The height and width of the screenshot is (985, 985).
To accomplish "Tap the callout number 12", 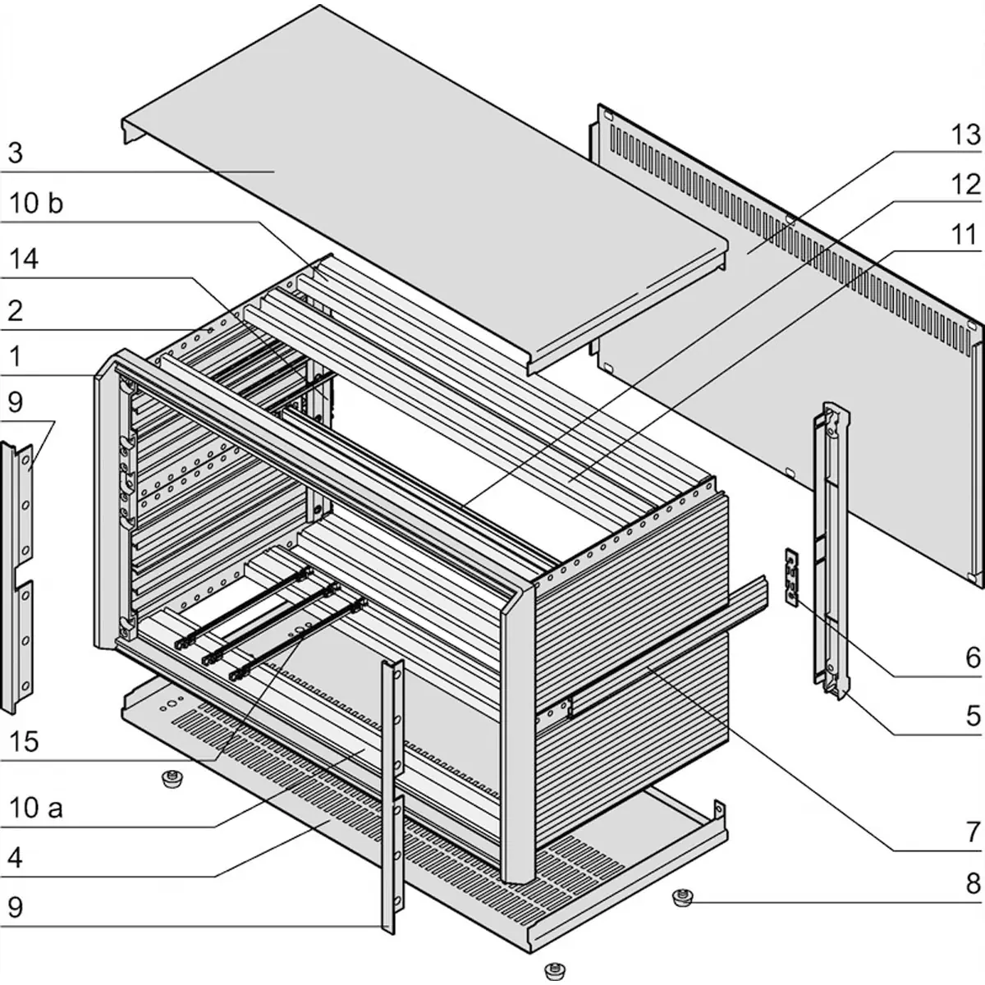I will [x=965, y=185].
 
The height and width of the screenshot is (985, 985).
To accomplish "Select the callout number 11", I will [x=965, y=235].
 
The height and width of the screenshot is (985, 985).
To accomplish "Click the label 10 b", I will [x=34, y=204].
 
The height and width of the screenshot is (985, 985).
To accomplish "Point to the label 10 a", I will [x=34, y=808].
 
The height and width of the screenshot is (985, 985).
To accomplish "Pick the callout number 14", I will [x=23, y=259].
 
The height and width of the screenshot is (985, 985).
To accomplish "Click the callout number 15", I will [x=23, y=741].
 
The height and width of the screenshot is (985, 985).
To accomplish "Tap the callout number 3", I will [x=15, y=153].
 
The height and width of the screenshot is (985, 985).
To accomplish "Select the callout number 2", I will [x=15, y=310].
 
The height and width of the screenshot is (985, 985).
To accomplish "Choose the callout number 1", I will [x=15, y=356].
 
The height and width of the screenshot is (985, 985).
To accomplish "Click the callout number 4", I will [x=15, y=858].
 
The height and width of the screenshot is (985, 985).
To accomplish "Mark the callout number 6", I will [x=973, y=657].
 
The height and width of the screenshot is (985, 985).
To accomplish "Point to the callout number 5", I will [x=973, y=715].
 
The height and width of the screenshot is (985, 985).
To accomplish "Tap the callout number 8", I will [x=973, y=884].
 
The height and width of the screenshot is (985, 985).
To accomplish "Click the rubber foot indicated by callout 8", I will [x=680, y=896].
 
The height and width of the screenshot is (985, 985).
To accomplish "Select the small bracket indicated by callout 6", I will [x=791, y=576].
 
